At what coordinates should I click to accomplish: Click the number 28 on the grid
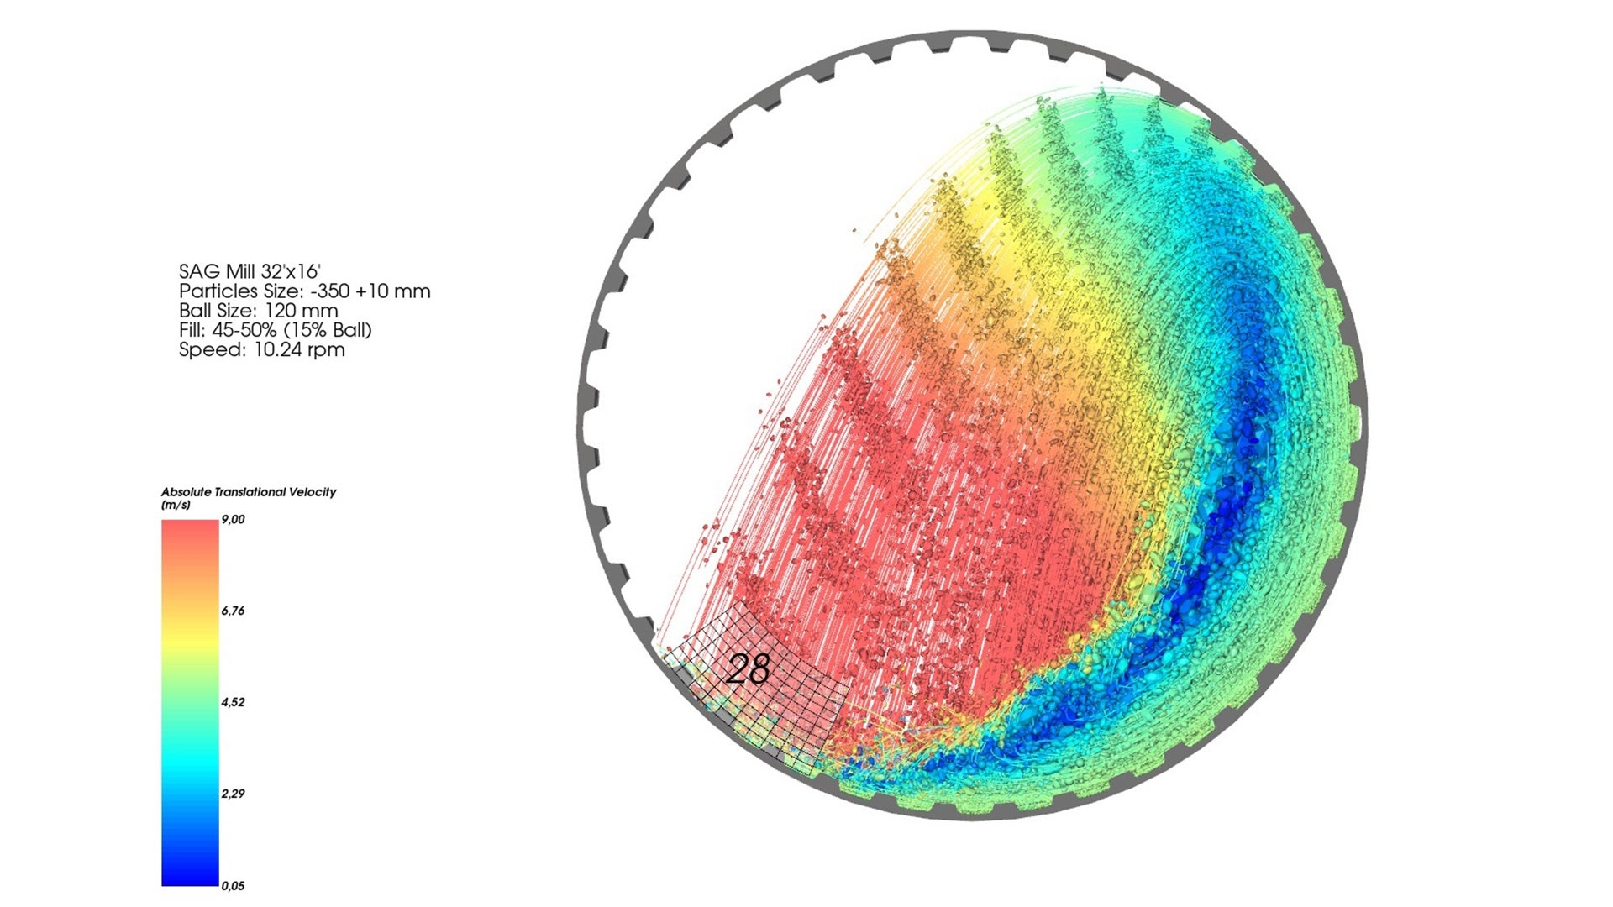point(748,669)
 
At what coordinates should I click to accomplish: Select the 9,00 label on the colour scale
point(233,520)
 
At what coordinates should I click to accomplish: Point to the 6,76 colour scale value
point(233,611)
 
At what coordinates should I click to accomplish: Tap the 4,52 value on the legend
point(233,702)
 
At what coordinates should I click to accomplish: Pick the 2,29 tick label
point(233,794)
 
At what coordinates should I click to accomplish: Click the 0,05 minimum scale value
point(233,885)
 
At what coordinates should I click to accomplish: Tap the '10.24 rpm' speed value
point(299,349)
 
